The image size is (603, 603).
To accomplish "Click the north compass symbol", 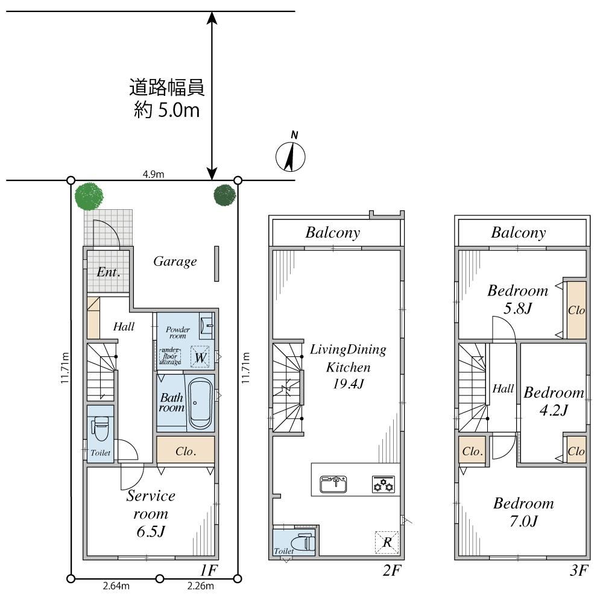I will pyautogui.click(x=289, y=157).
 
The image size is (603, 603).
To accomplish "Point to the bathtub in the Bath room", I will pyautogui.click(x=200, y=403).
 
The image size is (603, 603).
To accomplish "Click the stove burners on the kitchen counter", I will pyautogui.click(x=383, y=484).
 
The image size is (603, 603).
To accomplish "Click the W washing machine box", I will pyautogui.click(x=200, y=357).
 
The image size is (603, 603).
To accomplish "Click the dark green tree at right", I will pyautogui.click(x=226, y=194).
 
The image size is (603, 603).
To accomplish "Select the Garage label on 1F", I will pyautogui.click(x=175, y=262).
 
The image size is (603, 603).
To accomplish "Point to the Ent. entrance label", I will pyautogui.click(x=109, y=273).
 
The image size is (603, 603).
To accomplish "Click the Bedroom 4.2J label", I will pyautogui.click(x=553, y=402).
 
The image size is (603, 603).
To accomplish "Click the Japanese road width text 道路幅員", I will pyautogui.click(x=167, y=88).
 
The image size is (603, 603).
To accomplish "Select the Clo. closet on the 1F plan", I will pyautogui.click(x=185, y=450).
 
